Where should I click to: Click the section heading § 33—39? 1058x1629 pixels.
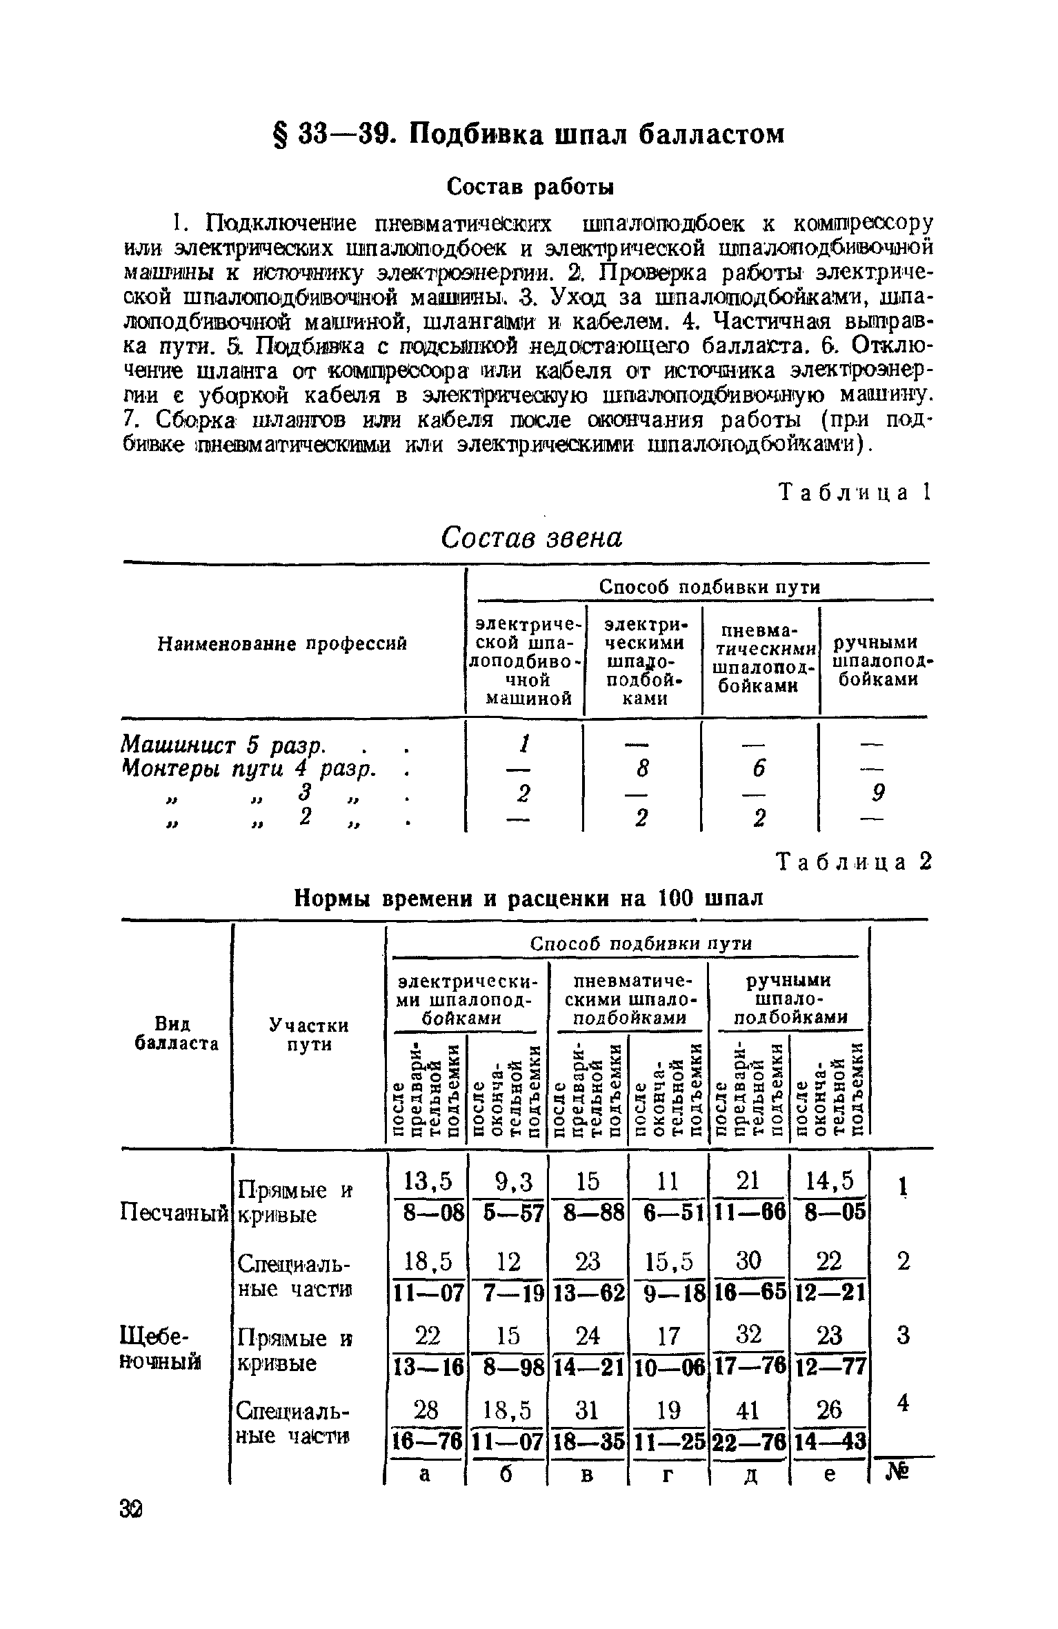tap(528, 133)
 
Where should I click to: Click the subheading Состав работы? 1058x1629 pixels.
tap(530, 186)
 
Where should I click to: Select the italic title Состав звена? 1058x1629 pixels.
tap(531, 537)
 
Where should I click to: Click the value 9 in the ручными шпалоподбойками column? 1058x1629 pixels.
tap(877, 794)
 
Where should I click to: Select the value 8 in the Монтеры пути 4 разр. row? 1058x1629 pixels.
tap(643, 769)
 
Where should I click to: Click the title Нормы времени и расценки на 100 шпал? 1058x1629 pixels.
tap(529, 898)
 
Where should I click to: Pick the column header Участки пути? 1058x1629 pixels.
tap(308, 1035)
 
